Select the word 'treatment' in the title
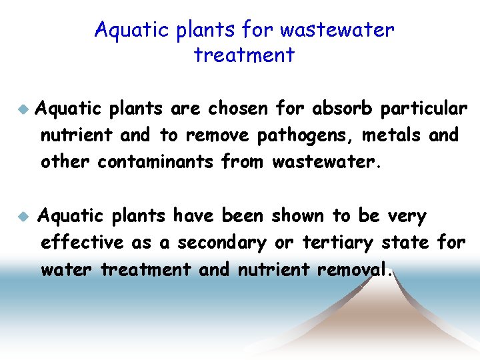244,55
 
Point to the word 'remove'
217,135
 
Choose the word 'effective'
82,243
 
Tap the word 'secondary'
221,243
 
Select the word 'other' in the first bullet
66,161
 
